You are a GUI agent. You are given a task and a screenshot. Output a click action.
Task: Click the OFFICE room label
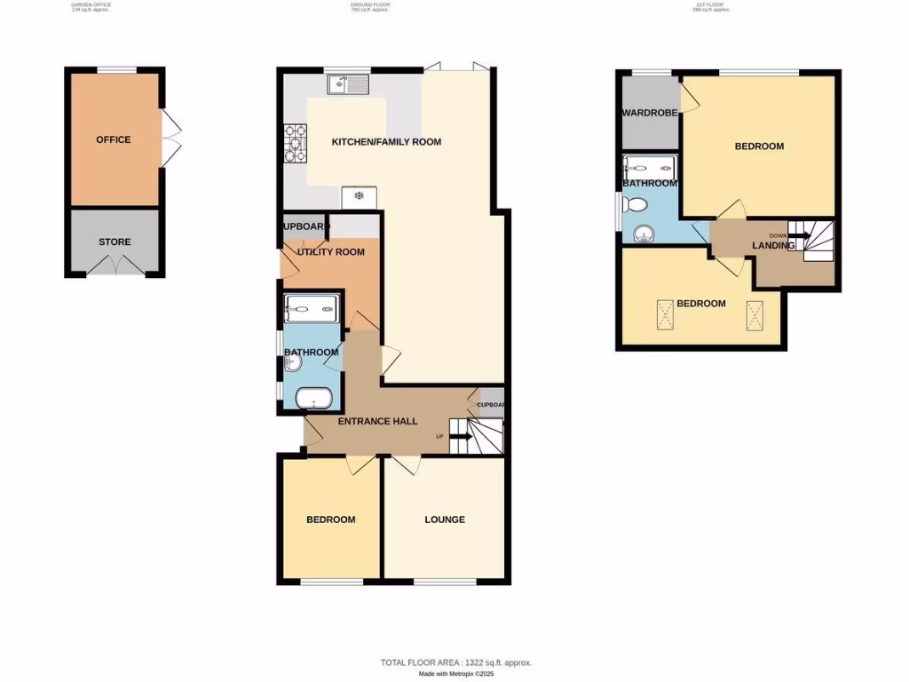coord(114,139)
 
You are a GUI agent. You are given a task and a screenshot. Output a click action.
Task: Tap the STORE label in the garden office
coord(115,242)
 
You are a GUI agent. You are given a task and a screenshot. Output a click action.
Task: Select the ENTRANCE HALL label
coord(377,421)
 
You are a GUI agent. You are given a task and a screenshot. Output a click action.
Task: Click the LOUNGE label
coord(444,519)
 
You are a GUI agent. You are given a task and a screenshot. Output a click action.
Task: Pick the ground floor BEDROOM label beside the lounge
coord(330,519)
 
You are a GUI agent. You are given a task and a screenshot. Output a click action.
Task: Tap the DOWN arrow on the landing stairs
coord(795,236)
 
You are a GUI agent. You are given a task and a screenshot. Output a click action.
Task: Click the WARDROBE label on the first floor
coord(650,113)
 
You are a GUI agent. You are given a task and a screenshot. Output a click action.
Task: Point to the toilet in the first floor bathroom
coord(635,206)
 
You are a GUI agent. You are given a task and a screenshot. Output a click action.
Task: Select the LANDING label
coord(773,246)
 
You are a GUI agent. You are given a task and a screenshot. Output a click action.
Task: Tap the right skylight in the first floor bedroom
coord(755,313)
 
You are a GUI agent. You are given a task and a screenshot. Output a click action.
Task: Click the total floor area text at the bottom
coord(456,662)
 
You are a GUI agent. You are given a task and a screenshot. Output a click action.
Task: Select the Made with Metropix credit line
coord(456,674)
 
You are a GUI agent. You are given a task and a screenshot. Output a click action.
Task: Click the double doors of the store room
coord(115,266)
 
